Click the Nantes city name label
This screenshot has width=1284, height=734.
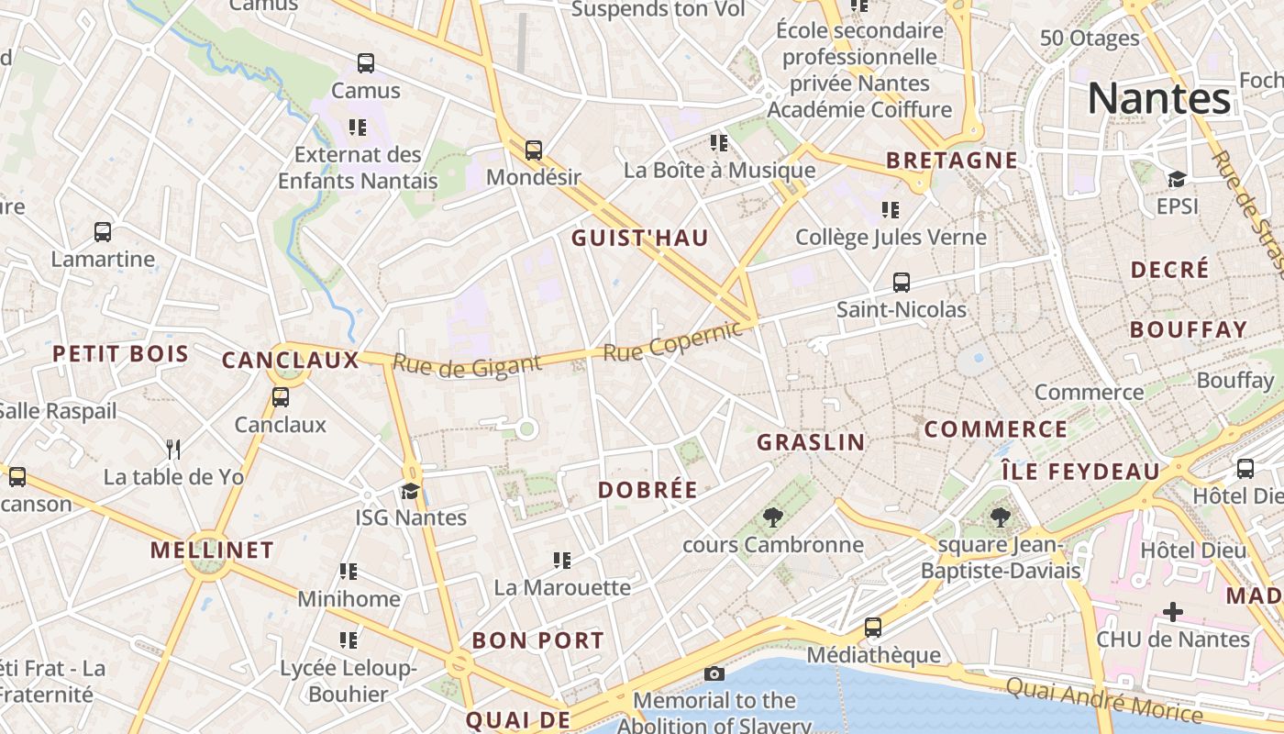click(x=1159, y=99)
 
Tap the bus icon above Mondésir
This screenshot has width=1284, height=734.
click(x=533, y=150)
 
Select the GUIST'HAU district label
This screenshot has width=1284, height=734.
click(x=639, y=239)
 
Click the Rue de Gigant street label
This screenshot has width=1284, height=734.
click(x=467, y=365)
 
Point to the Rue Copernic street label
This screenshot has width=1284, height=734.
click(x=672, y=341)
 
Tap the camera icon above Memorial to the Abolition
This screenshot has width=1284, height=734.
click(x=714, y=674)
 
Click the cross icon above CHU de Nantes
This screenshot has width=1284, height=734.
click(x=1172, y=612)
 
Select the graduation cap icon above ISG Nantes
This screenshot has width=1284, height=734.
click(x=410, y=491)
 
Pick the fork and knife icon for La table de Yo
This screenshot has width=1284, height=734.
click(x=173, y=450)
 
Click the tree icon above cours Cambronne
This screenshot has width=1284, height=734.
click(x=772, y=517)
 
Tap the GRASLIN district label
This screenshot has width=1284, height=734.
click(x=811, y=442)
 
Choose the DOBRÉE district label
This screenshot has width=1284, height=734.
click(x=648, y=490)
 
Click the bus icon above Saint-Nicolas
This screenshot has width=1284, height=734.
click(x=901, y=283)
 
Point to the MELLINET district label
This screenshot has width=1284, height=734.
click(x=212, y=550)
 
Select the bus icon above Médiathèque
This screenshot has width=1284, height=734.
click(x=872, y=628)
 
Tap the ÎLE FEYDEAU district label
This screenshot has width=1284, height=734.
click(x=1079, y=472)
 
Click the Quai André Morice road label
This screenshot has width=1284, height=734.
click(x=1103, y=700)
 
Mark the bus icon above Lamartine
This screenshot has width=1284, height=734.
click(x=103, y=232)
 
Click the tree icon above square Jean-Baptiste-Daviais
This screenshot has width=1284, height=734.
click(x=1000, y=518)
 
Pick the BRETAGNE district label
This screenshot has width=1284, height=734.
click(x=952, y=161)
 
